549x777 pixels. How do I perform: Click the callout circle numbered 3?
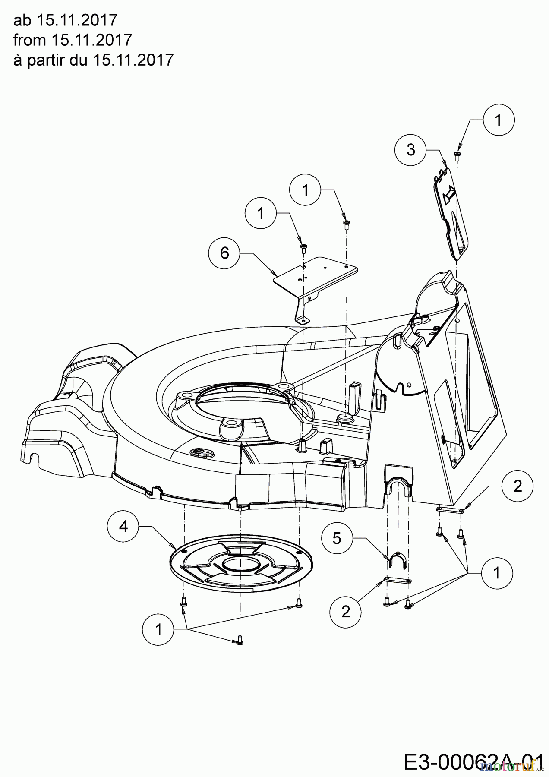tap(411, 149)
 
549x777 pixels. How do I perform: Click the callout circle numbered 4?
tap(124, 527)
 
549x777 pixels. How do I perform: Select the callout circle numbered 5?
tap(337, 538)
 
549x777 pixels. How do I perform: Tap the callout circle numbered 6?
tap(224, 253)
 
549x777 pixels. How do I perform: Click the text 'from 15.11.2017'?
tap(72, 40)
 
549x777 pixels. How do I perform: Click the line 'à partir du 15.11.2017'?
tap(93, 60)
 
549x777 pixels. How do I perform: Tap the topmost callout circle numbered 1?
tap(499, 120)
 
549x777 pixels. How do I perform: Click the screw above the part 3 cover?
tap(457, 154)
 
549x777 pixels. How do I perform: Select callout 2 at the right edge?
tap(517, 486)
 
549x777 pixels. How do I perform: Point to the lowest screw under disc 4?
tap(240, 642)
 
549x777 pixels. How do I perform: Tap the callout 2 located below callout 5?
tap(345, 612)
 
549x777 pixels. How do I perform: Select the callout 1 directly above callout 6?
tap(261, 213)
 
